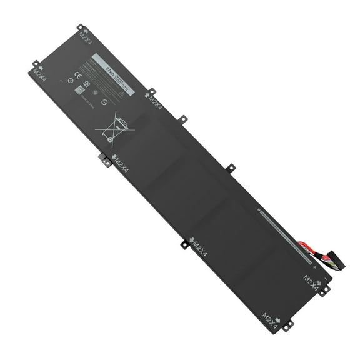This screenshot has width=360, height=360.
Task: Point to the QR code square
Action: [80, 90]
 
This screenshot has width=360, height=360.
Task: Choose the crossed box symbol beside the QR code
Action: [87, 83]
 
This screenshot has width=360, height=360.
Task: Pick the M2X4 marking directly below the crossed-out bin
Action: [121, 164]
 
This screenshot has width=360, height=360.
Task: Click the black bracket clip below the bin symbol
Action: [104, 160]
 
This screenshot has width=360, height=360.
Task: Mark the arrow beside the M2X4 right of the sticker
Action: [147, 94]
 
